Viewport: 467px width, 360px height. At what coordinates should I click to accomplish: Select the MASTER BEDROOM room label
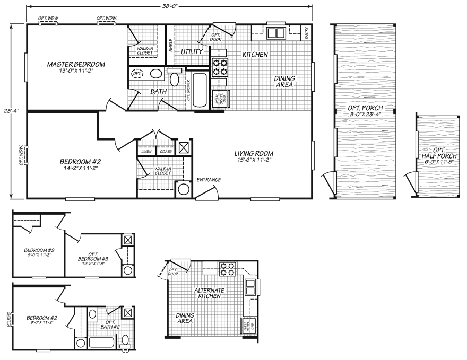click(76, 64)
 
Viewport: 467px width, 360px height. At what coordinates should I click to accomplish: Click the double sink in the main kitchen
click(275, 33)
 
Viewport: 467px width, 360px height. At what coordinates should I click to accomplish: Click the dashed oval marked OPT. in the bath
click(137, 73)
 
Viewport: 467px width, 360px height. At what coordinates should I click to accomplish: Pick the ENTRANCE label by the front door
click(209, 180)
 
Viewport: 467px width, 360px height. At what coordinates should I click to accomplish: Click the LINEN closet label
click(146, 152)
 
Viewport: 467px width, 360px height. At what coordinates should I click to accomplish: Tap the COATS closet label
click(166, 152)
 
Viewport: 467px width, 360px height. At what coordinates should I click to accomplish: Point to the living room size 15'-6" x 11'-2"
click(253, 161)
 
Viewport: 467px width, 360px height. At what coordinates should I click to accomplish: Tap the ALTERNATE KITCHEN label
click(209, 293)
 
